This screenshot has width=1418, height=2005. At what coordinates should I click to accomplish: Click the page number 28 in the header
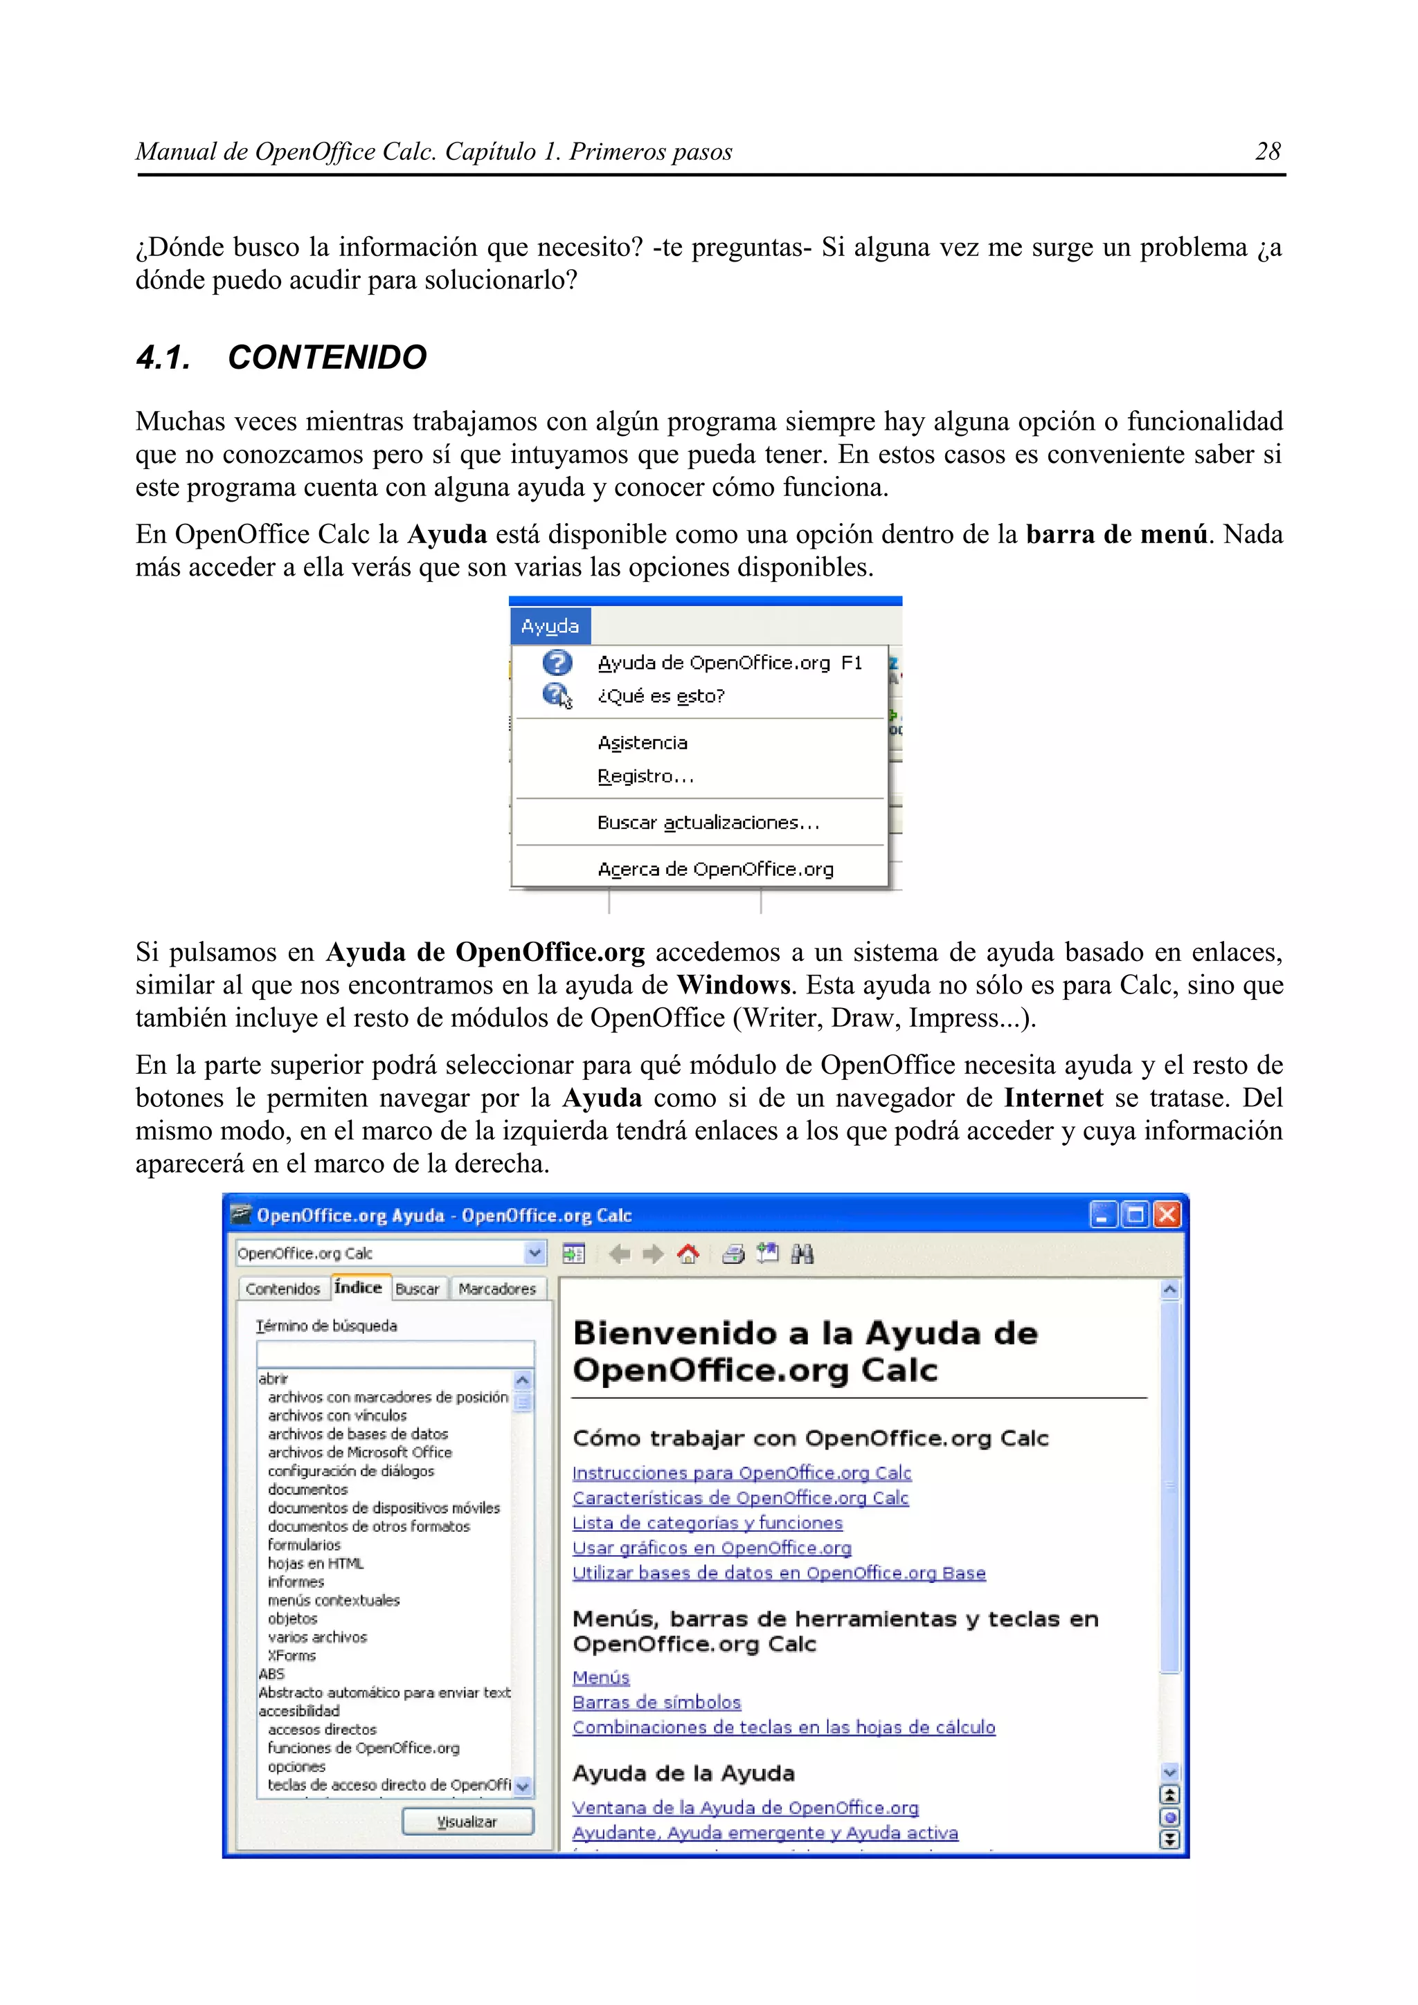[1267, 152]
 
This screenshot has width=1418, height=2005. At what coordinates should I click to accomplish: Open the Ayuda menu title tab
[550, 626]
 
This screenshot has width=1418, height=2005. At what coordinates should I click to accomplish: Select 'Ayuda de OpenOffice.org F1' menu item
[728, 663]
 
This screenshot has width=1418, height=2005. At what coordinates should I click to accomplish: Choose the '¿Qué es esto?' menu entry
[661, 696]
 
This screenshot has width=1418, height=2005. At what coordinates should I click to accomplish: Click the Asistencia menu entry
[642, 743]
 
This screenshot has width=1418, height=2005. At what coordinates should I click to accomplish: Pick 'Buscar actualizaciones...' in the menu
[708, 823]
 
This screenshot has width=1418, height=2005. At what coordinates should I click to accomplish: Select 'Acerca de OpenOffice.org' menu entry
[715, 869]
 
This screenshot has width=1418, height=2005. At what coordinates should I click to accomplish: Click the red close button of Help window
[1167, 1215]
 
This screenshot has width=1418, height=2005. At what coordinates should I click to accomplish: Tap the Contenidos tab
[282, 1289]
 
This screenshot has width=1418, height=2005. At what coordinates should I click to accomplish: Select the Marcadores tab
[496, 1289]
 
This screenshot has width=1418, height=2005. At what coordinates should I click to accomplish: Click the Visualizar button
[467, 1822]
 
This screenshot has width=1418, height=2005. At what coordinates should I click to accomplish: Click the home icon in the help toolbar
[688, 1255]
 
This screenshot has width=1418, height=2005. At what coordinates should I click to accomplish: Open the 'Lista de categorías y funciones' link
[707, 1523]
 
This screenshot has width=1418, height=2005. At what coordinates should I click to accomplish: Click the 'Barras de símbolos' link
[656, 1702]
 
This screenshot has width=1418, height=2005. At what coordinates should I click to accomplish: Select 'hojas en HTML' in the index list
[316, 1563]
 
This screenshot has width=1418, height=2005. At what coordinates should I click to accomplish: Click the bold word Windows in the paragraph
[733, 985]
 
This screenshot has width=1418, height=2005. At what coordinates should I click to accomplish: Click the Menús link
[600, 1678]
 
